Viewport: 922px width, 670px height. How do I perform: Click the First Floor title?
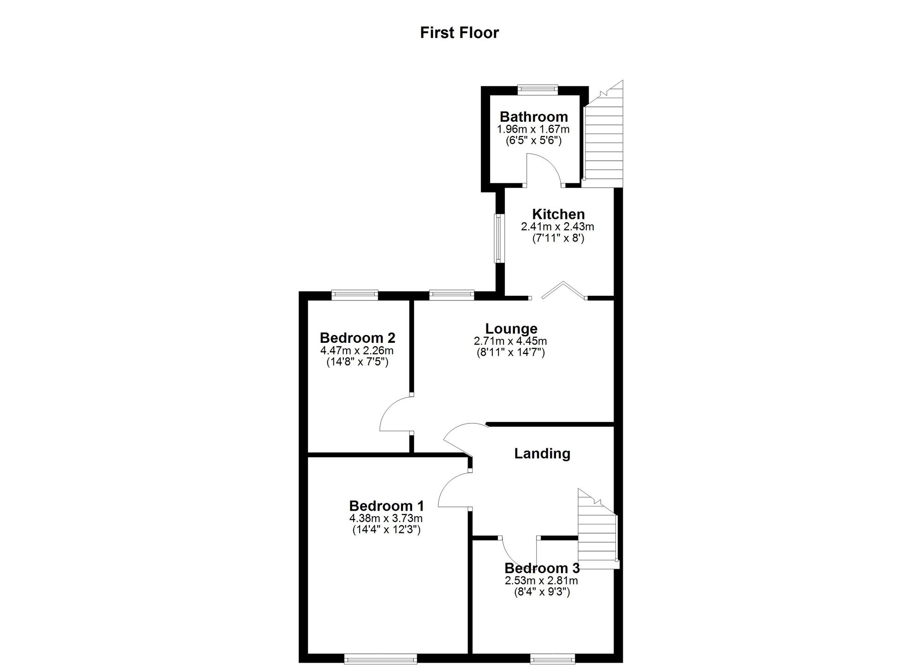click(x=459, y=33)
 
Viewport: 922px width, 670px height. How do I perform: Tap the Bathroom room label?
click(x=533, y=117)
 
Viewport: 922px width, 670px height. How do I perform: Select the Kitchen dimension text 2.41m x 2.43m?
click(x=557, y=227)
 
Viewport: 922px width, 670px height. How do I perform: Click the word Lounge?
click(x=511, y=329)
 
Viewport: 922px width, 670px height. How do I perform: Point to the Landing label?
click(x=542, y=453)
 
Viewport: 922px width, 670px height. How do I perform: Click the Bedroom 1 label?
click(x=386, y=506)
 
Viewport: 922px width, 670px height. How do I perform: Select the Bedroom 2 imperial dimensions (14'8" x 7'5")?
click(x=357, y=362)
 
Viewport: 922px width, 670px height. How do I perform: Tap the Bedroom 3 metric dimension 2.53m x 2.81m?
click(x=541, y=581)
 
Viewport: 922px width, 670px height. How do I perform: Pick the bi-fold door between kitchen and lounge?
click(x=563, y=290)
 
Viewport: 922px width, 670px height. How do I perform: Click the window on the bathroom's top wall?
click(x=537, y=89)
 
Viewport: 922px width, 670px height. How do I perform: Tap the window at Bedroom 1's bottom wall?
click(x=380, y=660)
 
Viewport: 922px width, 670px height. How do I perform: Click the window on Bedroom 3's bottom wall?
click(x=552, y=660)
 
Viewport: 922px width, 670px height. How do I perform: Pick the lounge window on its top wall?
click(x=451, y=295)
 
